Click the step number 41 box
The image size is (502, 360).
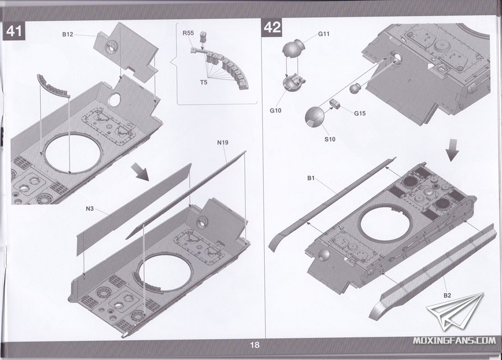click(14, 31)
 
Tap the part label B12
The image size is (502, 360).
click(67, 34)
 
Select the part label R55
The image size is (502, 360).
click(188, 34)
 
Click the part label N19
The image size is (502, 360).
click(223, 143)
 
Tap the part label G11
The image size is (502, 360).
click(324, 34)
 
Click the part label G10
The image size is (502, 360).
click(276, 110)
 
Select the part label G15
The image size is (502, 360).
click(360, 113)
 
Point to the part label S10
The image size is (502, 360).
click(329, 139)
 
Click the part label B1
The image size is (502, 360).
click(311, 178)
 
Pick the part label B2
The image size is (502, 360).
click(447, 295)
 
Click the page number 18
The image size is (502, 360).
click(254, 346)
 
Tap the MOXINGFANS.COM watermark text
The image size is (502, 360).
click(454, 340)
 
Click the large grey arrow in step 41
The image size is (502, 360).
click(142, 171)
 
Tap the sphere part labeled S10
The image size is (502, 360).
click(315, 116)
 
